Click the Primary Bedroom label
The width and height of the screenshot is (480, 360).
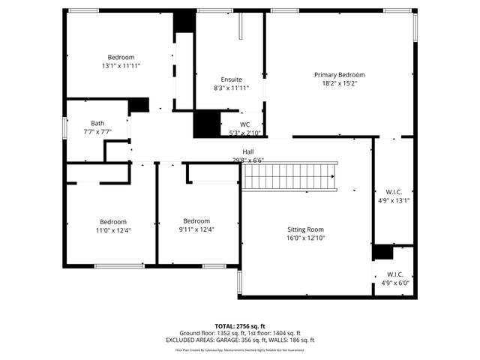tap(339, 74)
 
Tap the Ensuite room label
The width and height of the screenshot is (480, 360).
tap(231, 79)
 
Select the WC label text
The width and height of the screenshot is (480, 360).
tap(244, 124)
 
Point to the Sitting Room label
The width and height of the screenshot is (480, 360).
tap(305, 229)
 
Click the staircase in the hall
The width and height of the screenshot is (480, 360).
tap(289, 177)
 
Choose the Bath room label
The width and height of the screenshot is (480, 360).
tap(97, 123)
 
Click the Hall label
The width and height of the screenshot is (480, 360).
tap(237, 151)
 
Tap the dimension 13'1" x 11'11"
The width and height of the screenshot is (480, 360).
tap(121, 66)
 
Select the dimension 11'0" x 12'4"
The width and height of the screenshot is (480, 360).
tap(113, 229)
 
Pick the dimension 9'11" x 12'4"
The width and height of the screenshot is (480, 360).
tap(196, 229)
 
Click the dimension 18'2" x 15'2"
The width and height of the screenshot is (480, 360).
tap(339, 83)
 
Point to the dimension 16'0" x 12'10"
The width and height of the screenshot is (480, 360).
tap(305, 238)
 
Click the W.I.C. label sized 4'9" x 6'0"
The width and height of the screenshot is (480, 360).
tap(394, 274)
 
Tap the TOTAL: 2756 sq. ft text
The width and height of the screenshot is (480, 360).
tap(240, 326)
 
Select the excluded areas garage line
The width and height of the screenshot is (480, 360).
tap(240, 340)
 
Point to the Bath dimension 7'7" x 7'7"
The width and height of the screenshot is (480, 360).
tap(97, 131)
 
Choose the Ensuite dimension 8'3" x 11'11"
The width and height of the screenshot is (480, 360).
tap(231, 88)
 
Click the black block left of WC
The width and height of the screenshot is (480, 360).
tap(205, 124)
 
